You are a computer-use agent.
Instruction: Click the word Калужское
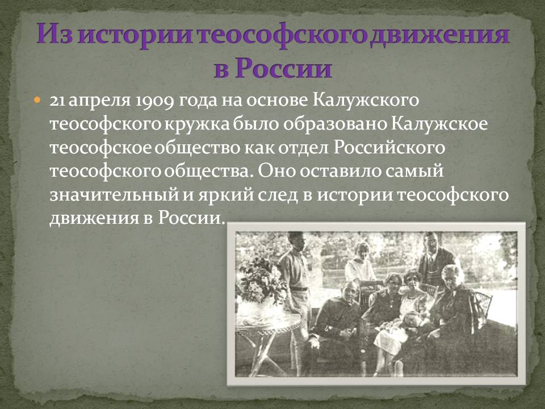439,124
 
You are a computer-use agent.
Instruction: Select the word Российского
389,148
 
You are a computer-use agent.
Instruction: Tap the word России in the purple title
284,68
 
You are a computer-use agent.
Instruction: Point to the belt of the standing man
299,289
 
